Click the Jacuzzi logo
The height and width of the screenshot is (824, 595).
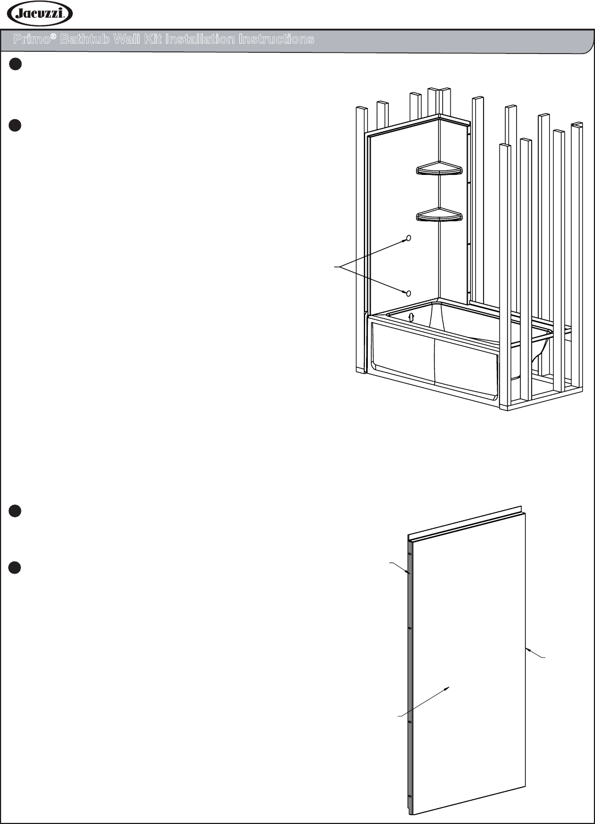[x=40, y=14]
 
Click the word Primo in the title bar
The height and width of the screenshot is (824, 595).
[x=31, y=39]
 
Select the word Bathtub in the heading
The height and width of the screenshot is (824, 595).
[x=85, y=39]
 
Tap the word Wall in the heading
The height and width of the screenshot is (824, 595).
[x=126, y=39]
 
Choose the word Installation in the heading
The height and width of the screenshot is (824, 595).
[x=200, y=39]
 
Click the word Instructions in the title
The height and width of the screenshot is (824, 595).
[x=276, y=39]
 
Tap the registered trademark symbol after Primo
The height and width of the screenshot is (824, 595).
[x=53, y=36]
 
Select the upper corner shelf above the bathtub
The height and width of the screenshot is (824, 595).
[x=439, y=168]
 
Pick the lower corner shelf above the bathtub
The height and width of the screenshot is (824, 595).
[x=439, y=215]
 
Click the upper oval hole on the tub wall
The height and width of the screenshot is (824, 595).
[x=408, y=238]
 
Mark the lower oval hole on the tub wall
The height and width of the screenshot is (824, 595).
[x=408, y=293]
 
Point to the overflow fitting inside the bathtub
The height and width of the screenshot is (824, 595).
[x=411, y=317]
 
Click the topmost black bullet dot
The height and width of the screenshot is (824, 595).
[x=15, y=64]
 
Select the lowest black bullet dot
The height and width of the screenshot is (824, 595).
[x=15, y=568]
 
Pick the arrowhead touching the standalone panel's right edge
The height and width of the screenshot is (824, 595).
[x=528, y=649]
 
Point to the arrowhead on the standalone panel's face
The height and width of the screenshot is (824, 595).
[x=447, y=688]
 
